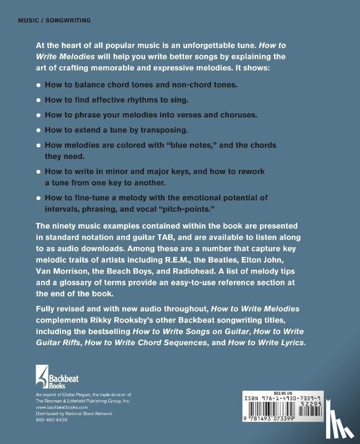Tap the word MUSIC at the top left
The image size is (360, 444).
(x=28, y=20)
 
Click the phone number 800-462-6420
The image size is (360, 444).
(x=51, y=420)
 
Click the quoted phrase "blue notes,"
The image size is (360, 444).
(x=186, y=145)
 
